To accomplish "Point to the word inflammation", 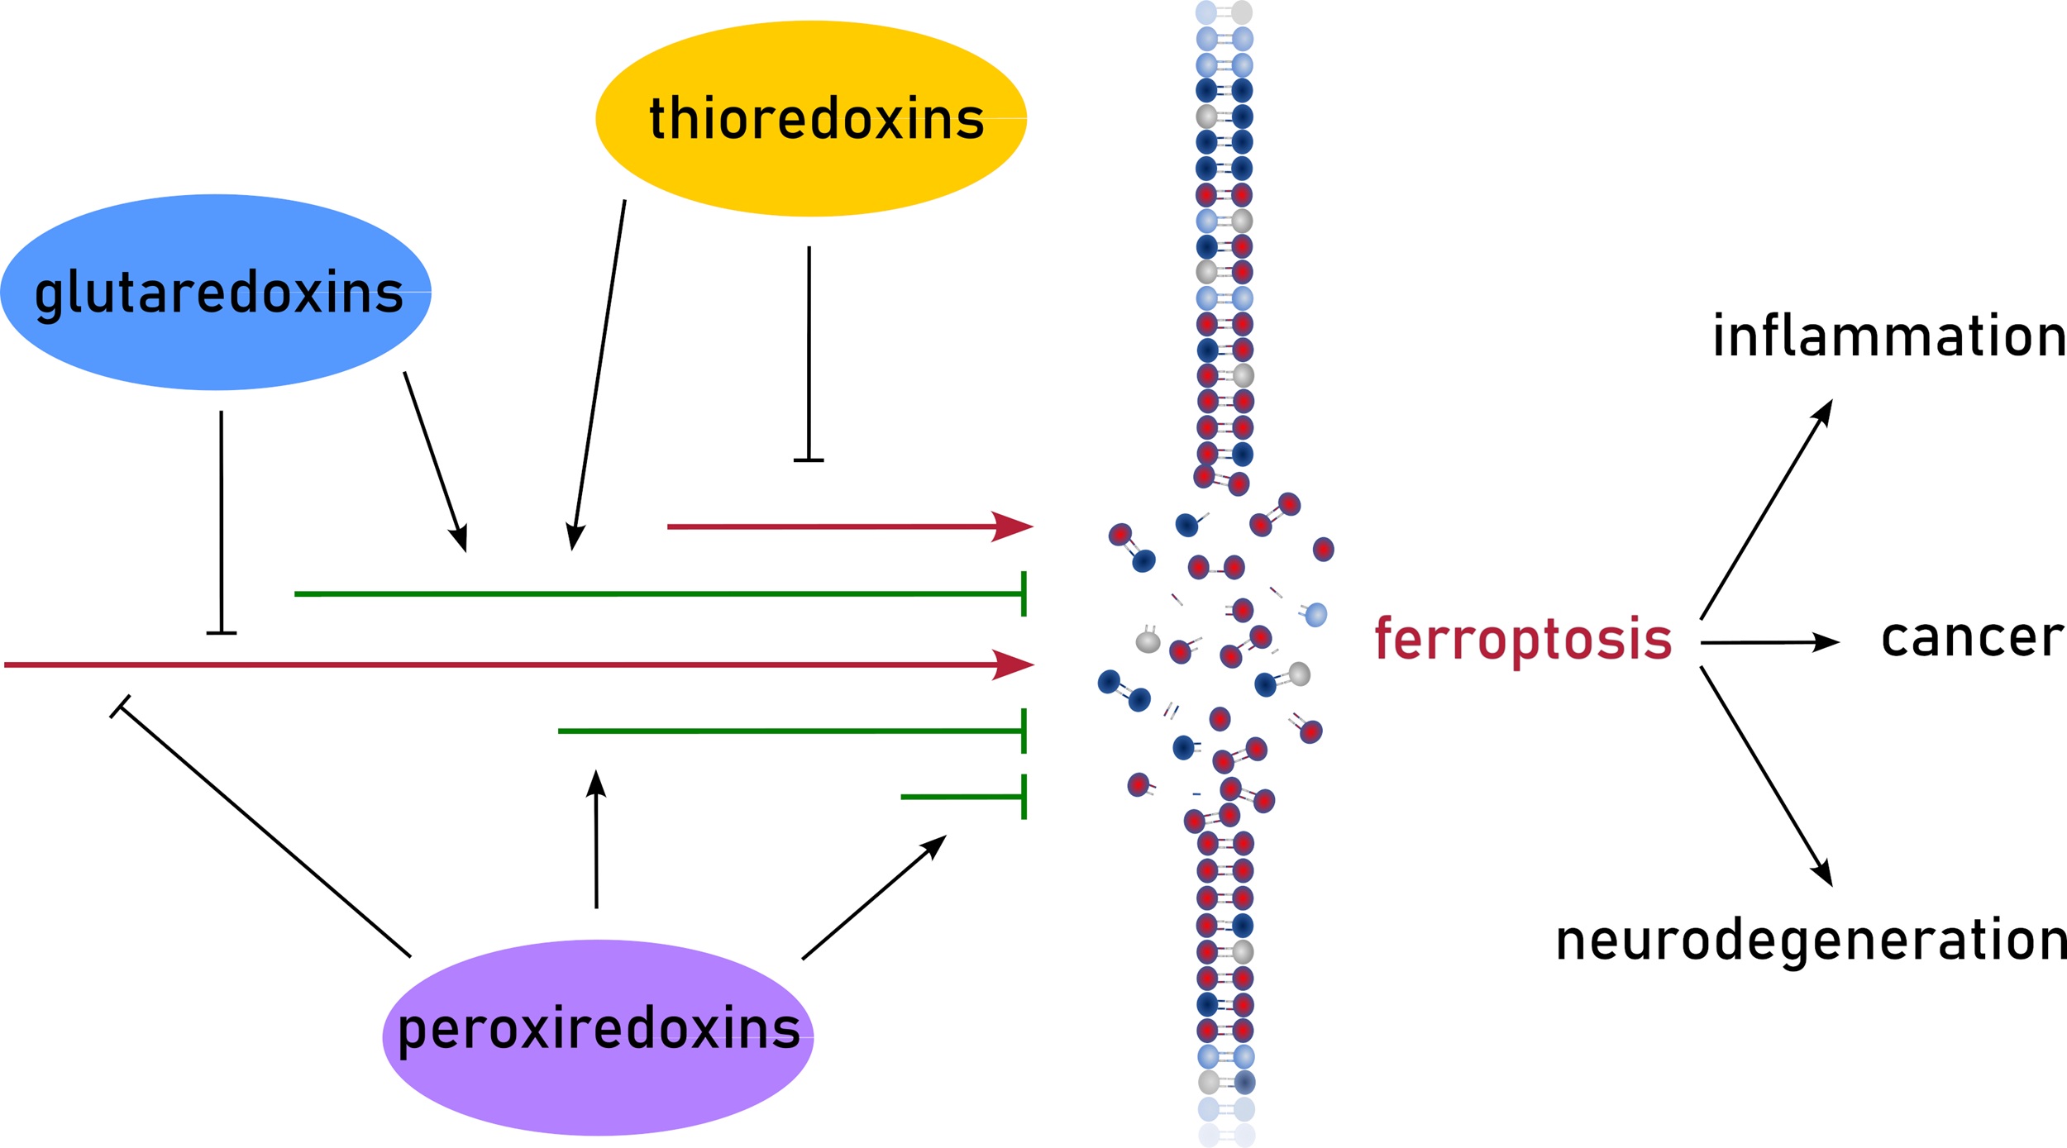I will tap(1888, 336).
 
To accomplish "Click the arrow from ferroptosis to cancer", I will tap(1769, 642).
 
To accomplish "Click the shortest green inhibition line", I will tap(963, 797).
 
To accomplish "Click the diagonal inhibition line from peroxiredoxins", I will tap(265, 831).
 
